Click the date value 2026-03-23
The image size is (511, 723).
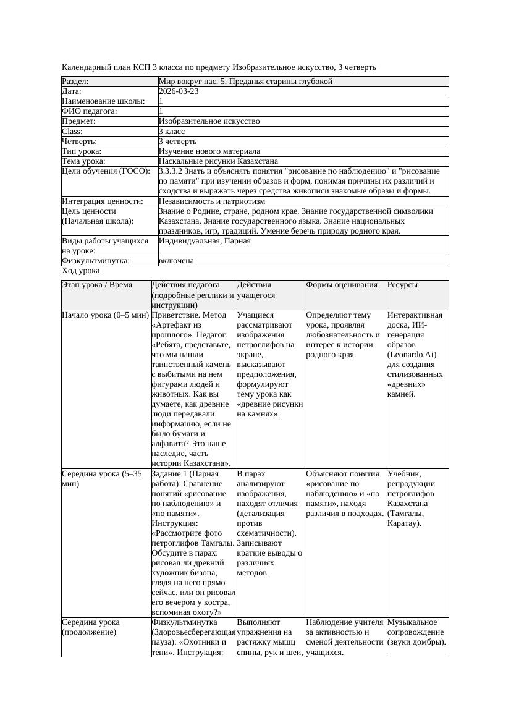point(179,91)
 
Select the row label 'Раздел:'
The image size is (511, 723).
point(75,81)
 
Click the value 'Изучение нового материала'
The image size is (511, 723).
point(209,151)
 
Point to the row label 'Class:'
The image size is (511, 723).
point(72,132)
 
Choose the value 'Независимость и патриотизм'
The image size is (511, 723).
point(212,201)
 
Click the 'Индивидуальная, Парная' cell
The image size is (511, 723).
point(205,241)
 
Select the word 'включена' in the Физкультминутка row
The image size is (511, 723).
point(176,261)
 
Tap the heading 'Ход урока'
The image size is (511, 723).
point(81,271)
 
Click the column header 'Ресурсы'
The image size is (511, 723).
point(402,285)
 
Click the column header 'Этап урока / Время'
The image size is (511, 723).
point(98,285)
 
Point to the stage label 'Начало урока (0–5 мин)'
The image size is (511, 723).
point(105,315)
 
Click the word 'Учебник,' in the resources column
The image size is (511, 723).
point(403,474)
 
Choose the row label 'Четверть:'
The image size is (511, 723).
point(79,142)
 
